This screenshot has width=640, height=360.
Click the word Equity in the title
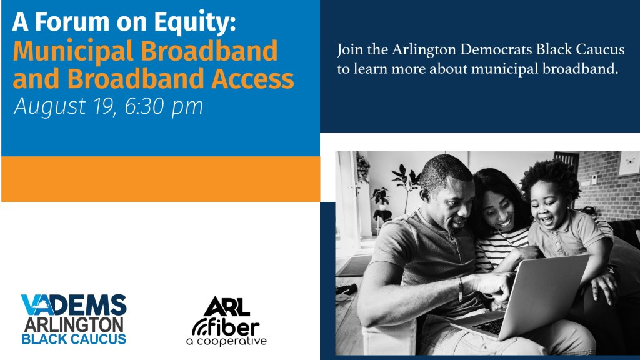194,22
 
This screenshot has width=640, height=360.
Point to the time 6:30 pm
164,106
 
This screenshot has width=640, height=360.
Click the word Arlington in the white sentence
424,50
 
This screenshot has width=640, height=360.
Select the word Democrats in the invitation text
496,49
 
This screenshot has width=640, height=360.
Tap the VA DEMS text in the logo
74,305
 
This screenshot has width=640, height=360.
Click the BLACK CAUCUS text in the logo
74,339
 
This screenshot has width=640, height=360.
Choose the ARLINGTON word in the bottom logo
74,325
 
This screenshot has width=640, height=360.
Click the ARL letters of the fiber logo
227,307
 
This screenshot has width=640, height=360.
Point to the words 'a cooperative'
226,341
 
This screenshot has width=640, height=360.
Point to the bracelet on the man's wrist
461,289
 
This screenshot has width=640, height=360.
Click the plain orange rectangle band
161,179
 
